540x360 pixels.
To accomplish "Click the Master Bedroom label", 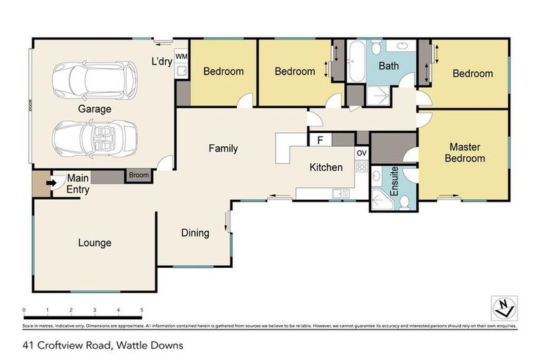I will click(x=464, y=153).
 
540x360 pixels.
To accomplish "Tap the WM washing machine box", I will click(x=181, y=56).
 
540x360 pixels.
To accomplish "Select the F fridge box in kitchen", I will click(x=320, y=140).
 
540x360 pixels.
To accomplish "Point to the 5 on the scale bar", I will click(x=141, y=309).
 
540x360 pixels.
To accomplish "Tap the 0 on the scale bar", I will click(x=24, y=309).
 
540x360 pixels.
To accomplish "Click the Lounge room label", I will click(x=94, y=243).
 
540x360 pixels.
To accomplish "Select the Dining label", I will click(x=195, y=233).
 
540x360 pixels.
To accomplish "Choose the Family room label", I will click(x=223, y=148).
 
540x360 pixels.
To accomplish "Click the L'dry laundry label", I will click(x=161, y=61).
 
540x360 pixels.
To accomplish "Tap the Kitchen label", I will click(x=326, y=167).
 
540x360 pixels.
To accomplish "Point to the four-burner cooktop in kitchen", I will click(x=362, y=167).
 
